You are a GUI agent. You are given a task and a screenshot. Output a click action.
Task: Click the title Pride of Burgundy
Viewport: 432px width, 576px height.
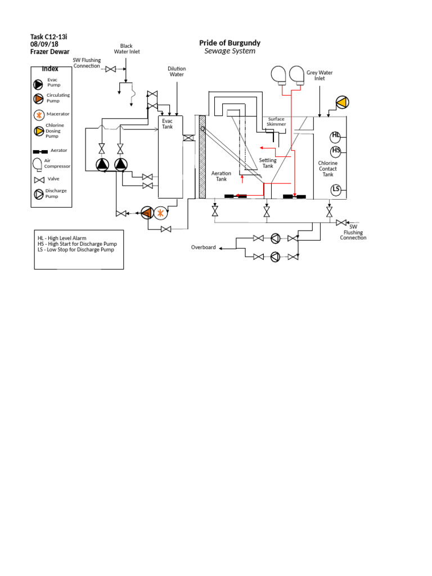(229, 43)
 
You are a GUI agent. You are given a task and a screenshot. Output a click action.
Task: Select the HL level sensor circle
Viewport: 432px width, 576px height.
(336, 135)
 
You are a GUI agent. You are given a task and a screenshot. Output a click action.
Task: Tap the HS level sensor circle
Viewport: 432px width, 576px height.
(336, 150)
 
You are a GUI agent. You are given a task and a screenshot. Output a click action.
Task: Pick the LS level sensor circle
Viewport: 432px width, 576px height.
(336, 188)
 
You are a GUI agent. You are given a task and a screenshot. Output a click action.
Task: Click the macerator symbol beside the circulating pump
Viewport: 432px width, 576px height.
(161, 213)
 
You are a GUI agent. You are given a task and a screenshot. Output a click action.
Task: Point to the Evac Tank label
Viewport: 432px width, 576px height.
(168, 124)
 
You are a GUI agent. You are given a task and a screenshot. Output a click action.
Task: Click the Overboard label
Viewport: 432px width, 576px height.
(203, 247)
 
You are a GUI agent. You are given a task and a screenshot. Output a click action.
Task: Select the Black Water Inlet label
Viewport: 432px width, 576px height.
(127, 49)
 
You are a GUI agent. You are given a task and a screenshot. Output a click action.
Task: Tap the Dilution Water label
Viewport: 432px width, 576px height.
(177, 71)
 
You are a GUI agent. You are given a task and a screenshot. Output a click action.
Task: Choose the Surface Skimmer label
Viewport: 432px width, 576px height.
(276, 121)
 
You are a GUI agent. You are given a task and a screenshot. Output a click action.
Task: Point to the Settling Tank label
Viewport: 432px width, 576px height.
(268, 163)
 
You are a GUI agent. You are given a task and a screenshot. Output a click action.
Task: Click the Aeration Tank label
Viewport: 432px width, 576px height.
(221, 176)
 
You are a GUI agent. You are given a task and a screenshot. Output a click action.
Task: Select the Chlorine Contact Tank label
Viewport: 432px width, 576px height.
(328, 169)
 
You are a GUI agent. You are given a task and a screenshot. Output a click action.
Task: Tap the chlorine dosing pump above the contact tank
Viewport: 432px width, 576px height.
(341, 102)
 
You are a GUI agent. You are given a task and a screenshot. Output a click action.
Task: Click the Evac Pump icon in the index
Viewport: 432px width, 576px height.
(38, 84)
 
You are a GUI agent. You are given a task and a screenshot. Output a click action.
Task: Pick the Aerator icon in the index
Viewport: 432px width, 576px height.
(40, 151)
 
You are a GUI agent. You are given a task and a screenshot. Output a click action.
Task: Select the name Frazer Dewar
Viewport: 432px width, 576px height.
(49, 52)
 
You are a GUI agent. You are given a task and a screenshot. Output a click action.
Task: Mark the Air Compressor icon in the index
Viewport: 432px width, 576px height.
(37, 164)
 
